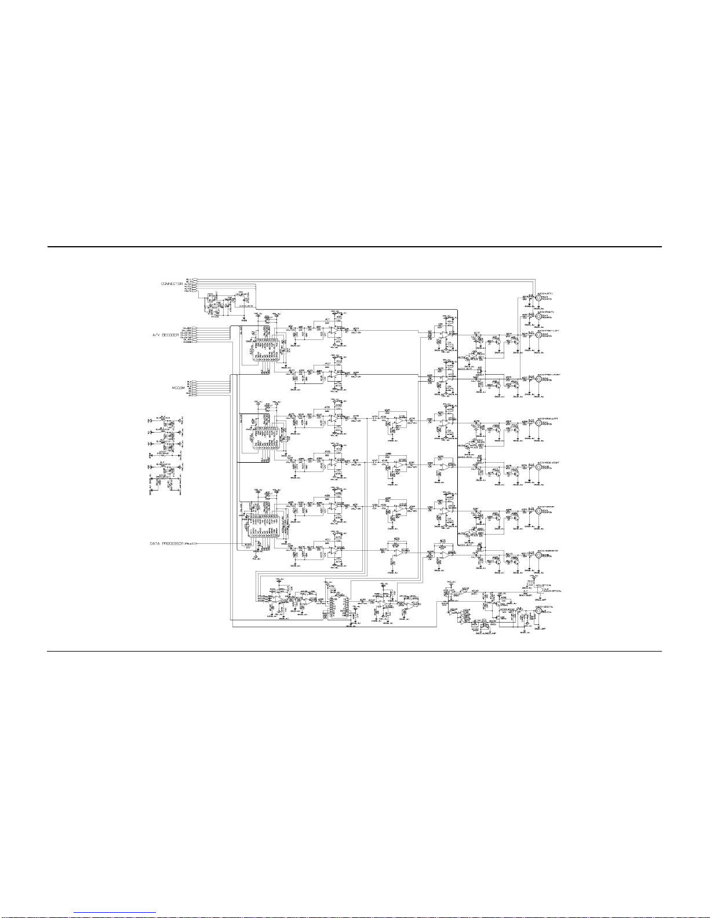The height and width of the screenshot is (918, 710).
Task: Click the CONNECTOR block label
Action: pyautogui.click(x=172, y=284)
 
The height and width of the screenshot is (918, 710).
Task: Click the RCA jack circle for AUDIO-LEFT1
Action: pyautogui.click(x=530, y=299)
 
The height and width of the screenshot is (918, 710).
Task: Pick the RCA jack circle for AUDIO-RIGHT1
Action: pyautogui.click(x=530, y=316)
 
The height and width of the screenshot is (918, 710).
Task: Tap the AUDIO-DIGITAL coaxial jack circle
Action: pyautogui.click(x=530, y=611)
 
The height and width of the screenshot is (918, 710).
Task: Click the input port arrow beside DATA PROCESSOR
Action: pyautogui.click(x=195, y=544)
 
